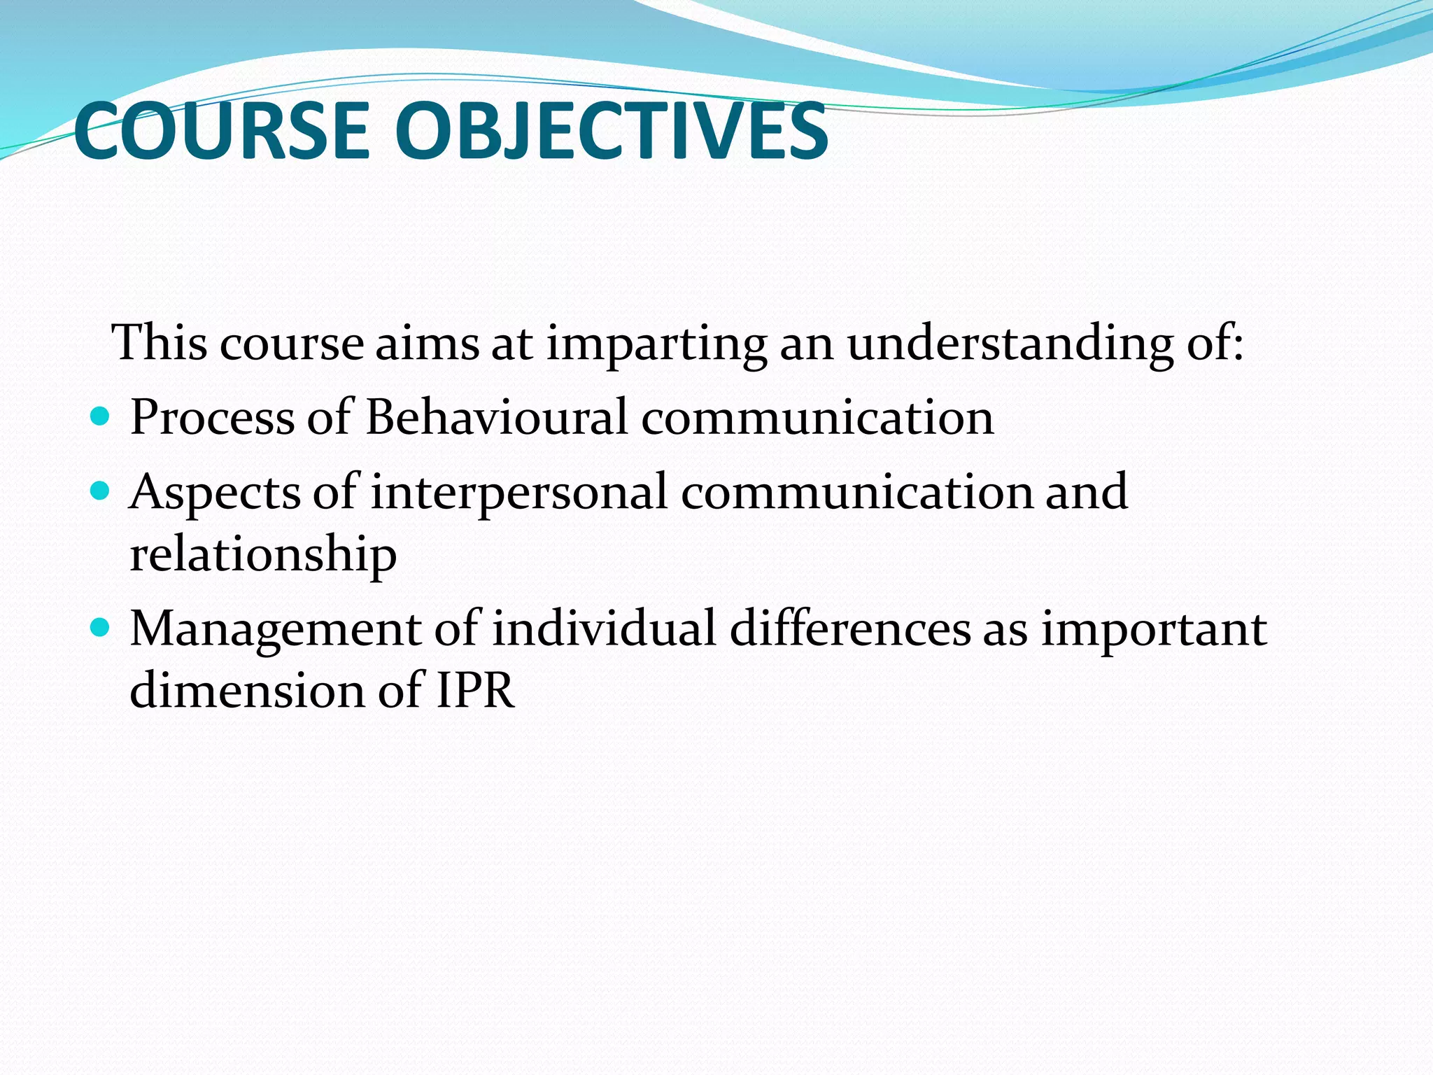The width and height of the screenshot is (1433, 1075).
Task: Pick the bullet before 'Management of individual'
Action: (x=101, y=628)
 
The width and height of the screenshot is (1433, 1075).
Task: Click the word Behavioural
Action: (x=496, y=417)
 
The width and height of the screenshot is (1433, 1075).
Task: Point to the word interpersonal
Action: (x=518, y=493)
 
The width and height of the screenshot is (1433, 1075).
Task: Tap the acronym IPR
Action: (x=476, y=691)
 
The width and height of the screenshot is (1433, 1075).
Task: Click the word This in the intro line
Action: (x=160, y=343)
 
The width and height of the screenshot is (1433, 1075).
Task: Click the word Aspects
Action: (x=215, y=493)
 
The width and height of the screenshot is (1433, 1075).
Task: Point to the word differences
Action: (x=850, y=628)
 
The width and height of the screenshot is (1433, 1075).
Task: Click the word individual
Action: (x=604, y=628)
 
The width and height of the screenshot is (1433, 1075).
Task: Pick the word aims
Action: (x=427, y=344)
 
